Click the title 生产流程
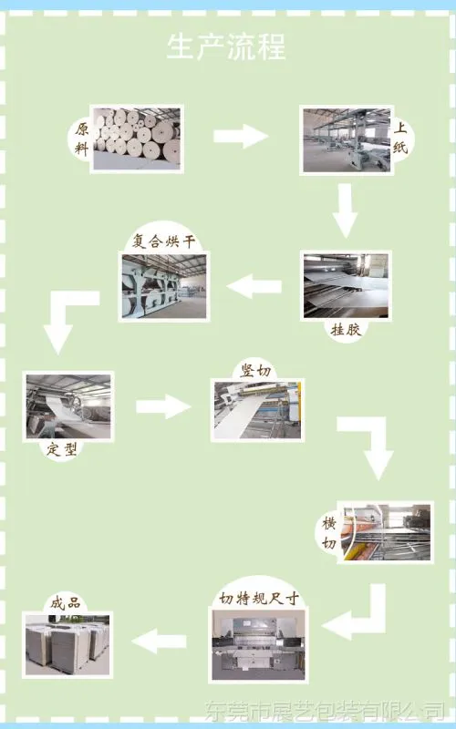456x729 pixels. [x=226, y=46]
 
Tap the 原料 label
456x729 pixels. [x=81, y=139]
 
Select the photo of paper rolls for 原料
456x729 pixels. [x=137, y=139]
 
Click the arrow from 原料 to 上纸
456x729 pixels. [x=241, y=136]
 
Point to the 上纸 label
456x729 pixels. [x=400, y=139]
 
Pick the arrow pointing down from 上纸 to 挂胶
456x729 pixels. [x=345, y=210]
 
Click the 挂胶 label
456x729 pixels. [x=346, y=329]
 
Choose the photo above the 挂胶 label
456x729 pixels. [x=346, y=286]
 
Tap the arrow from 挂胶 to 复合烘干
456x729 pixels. [x=254, y=286]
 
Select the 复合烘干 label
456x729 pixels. [x=163, y=241]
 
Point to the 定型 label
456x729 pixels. [x=61, y=449]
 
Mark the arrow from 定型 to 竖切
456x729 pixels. [x=163, y=406]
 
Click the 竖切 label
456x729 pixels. [x=255, y=371]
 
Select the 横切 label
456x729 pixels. [x=329, y=533]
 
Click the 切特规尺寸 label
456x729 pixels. [x=258, y=598]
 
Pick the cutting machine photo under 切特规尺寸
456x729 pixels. [x=258, y=645]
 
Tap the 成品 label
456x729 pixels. [x=66, y=603]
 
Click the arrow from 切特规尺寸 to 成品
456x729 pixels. [x=159, y=642]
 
